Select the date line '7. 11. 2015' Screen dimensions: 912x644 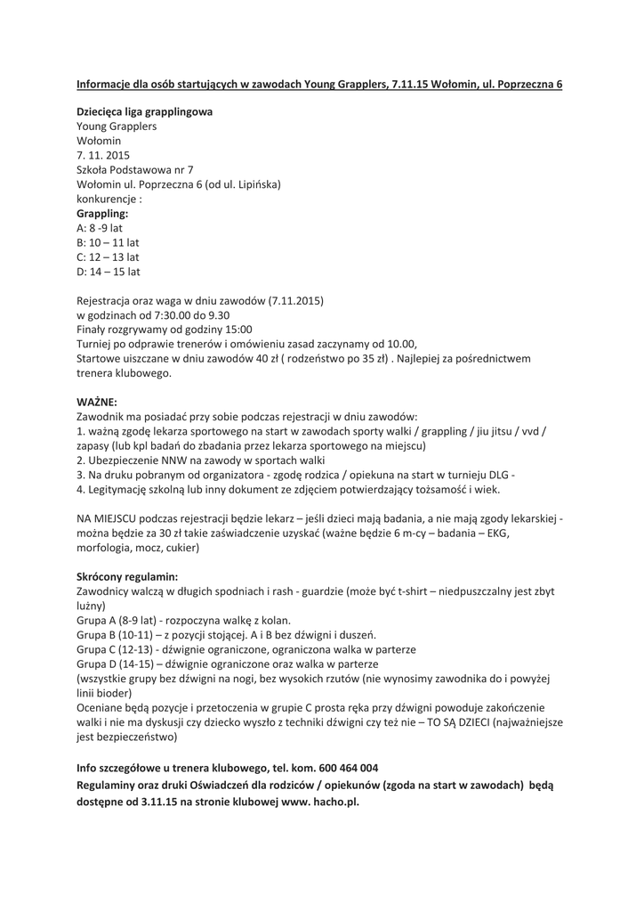click(x=103, y=155)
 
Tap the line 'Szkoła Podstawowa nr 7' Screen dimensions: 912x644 click(x=135, y=170)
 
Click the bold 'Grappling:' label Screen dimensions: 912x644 click(x=102, y=214)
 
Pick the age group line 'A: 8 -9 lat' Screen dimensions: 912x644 click(x=100, y=228)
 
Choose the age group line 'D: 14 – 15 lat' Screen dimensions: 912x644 click(x=109, y=272)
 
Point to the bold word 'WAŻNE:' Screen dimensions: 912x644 click(x=97, y=402)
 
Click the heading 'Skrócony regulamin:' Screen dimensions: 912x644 click(x=127, y=576)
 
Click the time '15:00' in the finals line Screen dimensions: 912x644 click(x=234, y=330)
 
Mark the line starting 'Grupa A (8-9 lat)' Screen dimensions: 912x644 click(x=184, y=620)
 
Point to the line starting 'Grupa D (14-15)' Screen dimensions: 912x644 click(x=228, y=664)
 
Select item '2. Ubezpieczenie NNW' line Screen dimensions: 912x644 click(x=201, y=460)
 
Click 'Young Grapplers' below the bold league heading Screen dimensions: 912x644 click(x=117, y=126)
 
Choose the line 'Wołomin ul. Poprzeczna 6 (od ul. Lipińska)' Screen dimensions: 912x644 click(x=179, y=184)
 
